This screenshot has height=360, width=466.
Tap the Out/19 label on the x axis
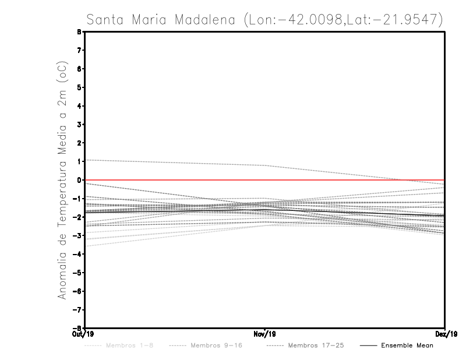click(84, 334)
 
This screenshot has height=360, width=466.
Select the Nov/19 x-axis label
click(265, 334)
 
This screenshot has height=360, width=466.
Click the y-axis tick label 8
click(80, 32)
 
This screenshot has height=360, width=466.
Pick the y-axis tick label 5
click(80, 87)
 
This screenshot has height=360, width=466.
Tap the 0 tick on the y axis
click(80, 180)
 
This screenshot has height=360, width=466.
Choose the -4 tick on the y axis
click(78, 254)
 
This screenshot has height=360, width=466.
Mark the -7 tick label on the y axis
click(78, 309)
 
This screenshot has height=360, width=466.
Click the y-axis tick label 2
click(80, 143)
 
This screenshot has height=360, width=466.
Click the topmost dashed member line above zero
click(175, 163)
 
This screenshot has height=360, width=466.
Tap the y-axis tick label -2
click(78, 217)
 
